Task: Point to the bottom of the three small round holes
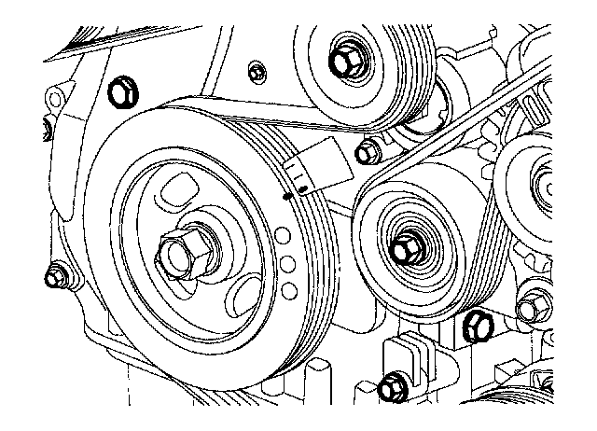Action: coord(289,291)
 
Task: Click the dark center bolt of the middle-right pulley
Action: coord(406,249)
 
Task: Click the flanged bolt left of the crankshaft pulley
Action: coord(56,274)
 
